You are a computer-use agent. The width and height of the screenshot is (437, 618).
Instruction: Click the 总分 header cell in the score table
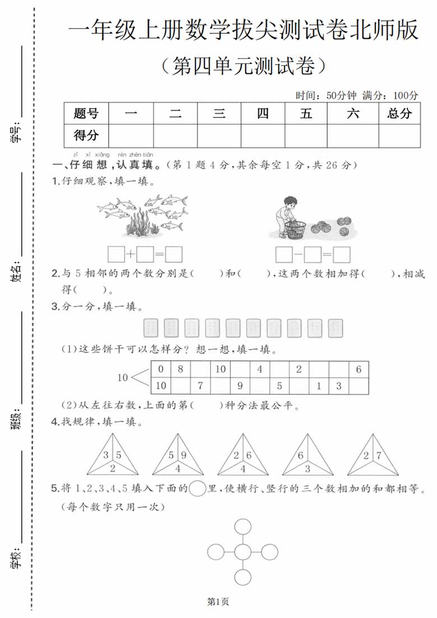coord(399,114)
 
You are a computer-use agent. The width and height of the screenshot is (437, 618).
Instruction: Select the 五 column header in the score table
coord(306,114)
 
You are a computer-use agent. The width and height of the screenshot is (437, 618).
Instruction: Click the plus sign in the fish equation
coord(130,254)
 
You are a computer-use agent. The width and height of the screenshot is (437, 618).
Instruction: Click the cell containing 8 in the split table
coord(180,369)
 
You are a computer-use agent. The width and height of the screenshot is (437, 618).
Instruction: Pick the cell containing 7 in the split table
coord(200,385)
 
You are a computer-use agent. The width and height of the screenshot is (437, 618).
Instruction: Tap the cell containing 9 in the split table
coord(240,385)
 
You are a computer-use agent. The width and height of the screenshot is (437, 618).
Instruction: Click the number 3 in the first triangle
coord(106,456)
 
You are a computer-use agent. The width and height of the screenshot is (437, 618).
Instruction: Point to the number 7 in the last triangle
coord(379,456)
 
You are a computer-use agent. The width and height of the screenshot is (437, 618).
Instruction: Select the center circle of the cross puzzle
coord(243,552)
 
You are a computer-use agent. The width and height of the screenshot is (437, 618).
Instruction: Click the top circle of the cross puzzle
coord(243,527)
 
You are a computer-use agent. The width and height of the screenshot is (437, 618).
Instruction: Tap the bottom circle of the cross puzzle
coord(243,577)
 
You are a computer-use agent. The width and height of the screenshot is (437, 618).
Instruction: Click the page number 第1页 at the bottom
coord(218,602)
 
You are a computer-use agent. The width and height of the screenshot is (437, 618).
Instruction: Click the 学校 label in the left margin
coord(17,557)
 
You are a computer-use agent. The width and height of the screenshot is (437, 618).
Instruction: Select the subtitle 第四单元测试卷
coord(243,66)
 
